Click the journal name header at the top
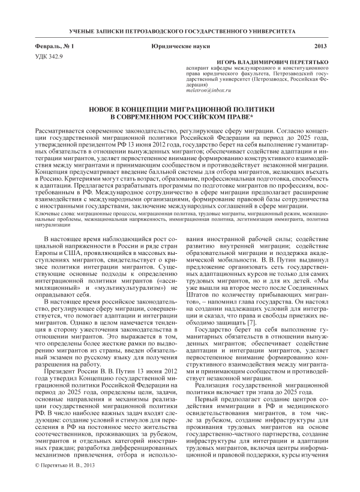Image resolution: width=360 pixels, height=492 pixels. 179,30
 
